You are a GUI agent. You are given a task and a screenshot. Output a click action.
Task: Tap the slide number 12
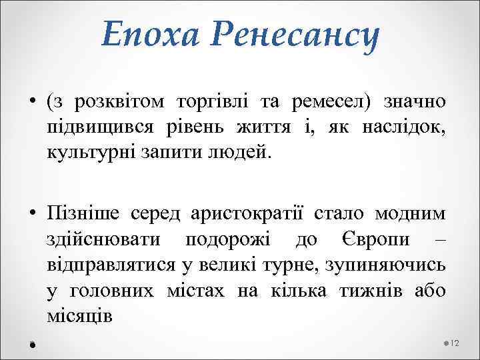tap(455, 343)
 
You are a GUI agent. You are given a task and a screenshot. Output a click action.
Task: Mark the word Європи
tap(369, 238)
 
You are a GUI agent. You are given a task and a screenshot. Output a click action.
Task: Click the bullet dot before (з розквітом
tap(31, 103)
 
